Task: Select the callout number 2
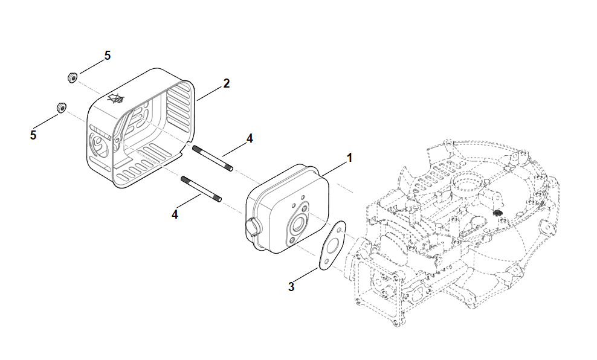click(x=226, y=83)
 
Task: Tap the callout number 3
click(x=291, y=287)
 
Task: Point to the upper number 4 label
click(x=250, y=138)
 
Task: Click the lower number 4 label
click(x=175, y=214)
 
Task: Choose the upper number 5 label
click(x=107, y=55)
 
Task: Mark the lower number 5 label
click(x=33, y=135)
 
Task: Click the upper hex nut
click(x=71, y=77)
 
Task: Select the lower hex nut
click(x=60, y=108)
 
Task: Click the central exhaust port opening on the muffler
click(x=297, y=225)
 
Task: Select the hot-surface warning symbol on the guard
click(x=116, y=98)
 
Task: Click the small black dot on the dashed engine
click(x=499, y=214)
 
